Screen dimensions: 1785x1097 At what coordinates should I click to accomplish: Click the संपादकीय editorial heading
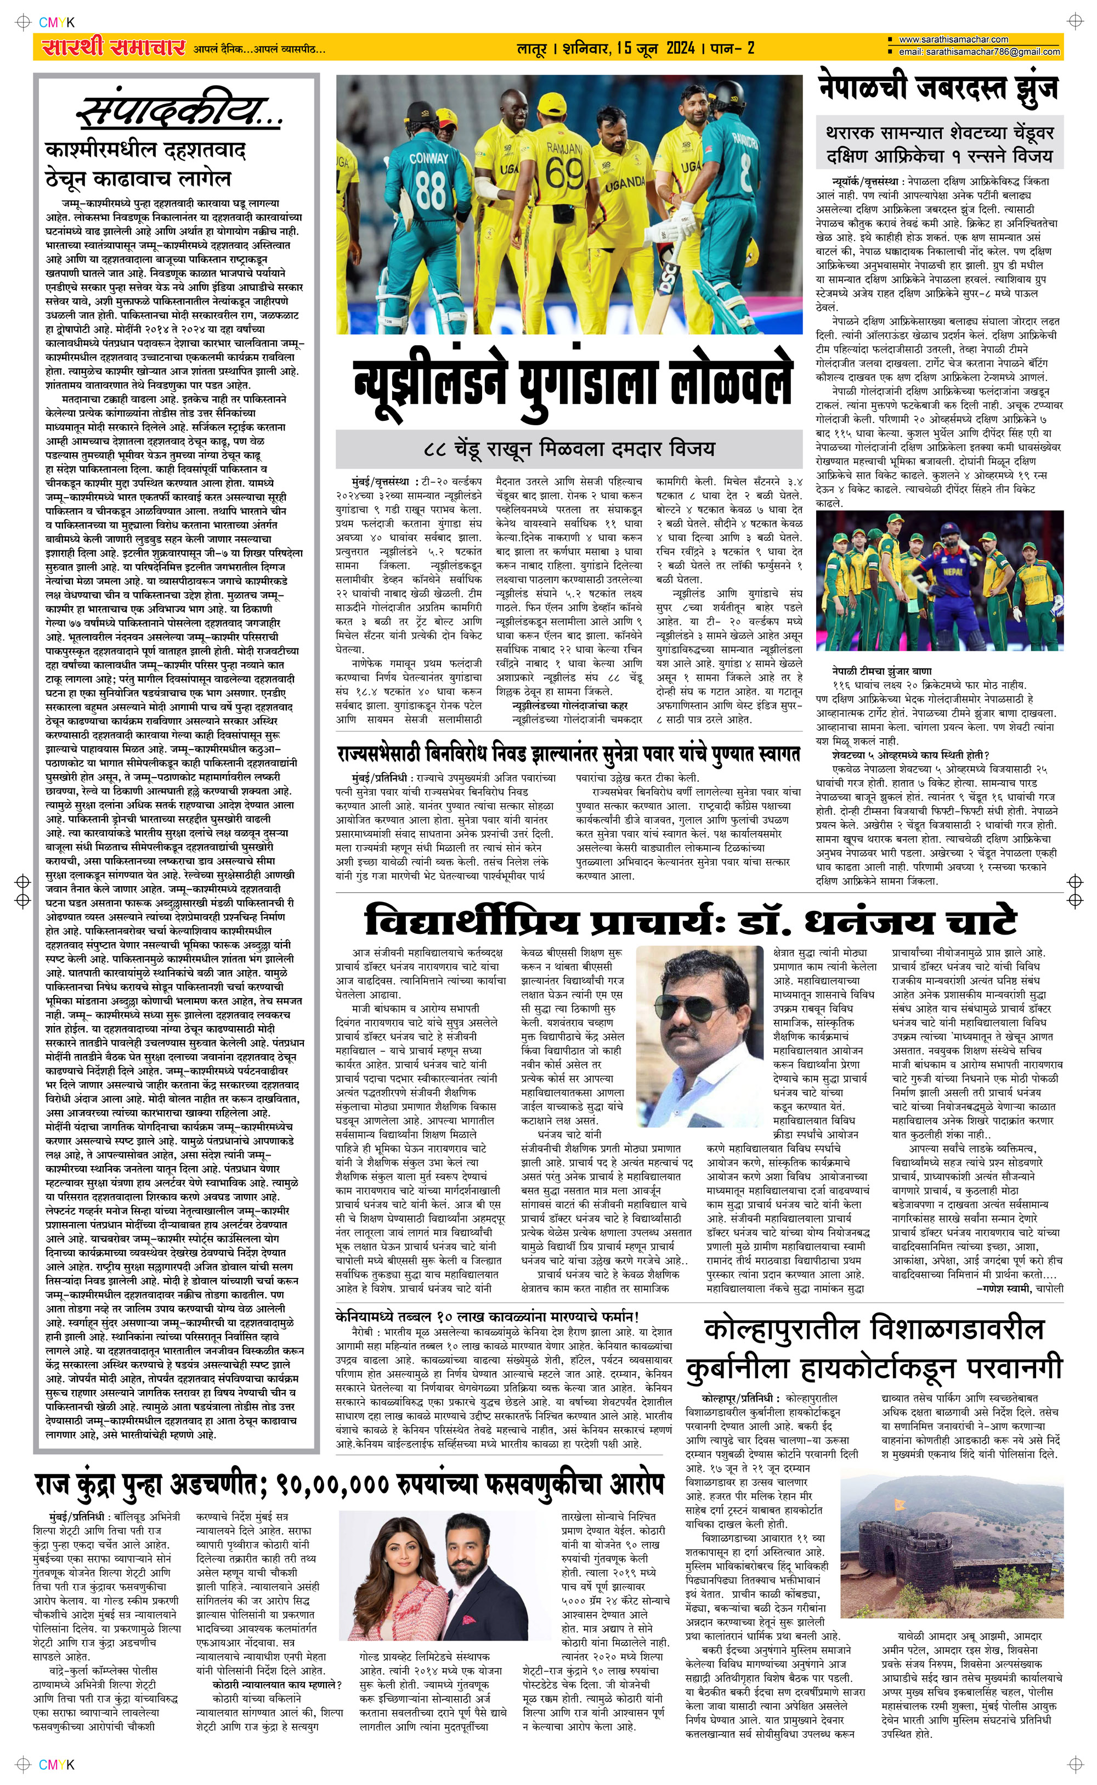point(178,112)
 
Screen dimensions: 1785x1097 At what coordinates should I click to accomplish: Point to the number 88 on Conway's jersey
point(430,189)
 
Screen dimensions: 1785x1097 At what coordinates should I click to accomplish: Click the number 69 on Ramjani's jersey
point(564,173)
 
